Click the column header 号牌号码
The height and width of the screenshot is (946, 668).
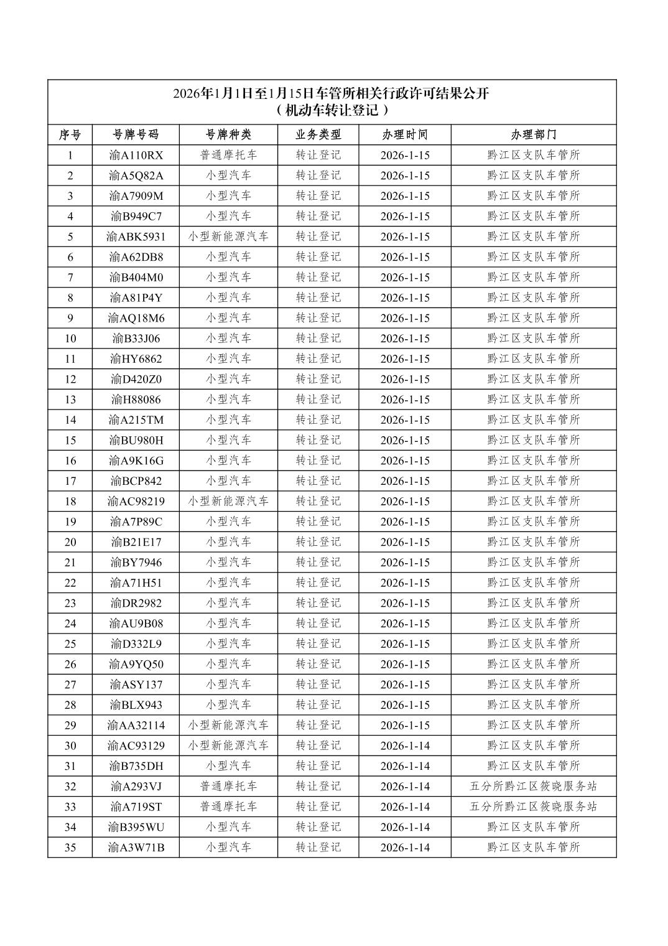point(136,134)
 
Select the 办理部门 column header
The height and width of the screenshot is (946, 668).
point(533,134)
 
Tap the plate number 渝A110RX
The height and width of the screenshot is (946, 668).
point(136,155)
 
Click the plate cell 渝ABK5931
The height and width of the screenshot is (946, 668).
point(136,236)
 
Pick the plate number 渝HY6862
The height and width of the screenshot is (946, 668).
point(136,358)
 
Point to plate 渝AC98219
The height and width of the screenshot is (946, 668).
point(136,501)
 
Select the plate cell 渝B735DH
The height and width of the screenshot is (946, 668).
point(136,766)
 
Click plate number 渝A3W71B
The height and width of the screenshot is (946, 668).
point(136,847)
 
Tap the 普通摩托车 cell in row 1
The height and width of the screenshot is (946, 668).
point(228,155)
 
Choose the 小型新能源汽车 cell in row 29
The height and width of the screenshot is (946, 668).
point(228,725)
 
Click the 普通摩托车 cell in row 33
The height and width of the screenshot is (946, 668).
point(228,807)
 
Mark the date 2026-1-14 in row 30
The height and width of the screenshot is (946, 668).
point(405,746)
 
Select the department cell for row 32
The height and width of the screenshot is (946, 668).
point(533,786)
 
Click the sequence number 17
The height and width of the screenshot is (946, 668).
point(70,480)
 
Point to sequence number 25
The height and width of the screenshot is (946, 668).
point(70,644)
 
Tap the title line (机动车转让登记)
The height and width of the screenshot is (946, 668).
point(333,111)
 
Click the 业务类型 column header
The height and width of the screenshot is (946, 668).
point(318,134)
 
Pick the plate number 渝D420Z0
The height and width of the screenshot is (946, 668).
point(136,379)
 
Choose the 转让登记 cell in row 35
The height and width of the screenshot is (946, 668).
point(318,847)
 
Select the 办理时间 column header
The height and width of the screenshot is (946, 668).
point(405,134)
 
